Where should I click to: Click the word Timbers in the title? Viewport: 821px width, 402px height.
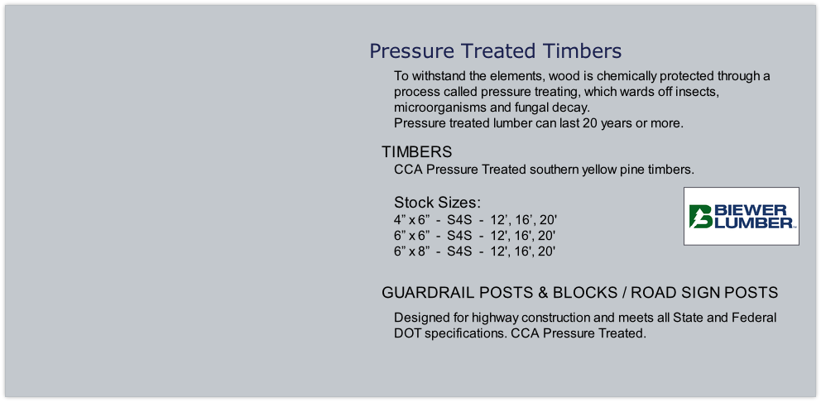[x=583, y=50]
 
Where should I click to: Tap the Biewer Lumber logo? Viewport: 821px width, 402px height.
[x=742, y=216]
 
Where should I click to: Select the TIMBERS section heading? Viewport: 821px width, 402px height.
[x=417, y=152]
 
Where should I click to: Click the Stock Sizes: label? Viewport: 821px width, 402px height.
[x=437, y=203]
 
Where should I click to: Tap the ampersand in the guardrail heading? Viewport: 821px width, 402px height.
[x=543, y=293]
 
